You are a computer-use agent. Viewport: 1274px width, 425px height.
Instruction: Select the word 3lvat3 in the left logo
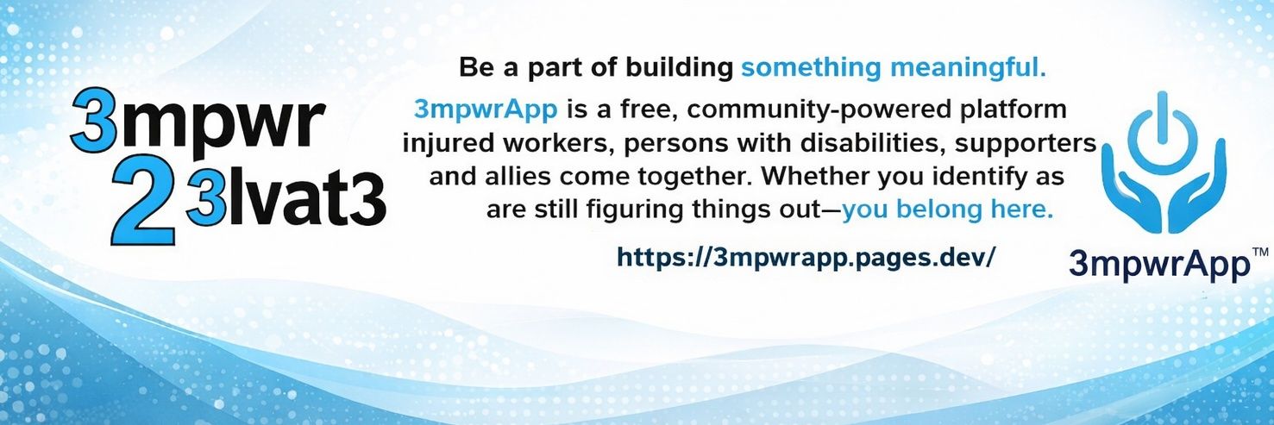click(x=286, y=202)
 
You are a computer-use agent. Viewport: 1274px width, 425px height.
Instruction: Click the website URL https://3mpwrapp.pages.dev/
click(x=806, y=258)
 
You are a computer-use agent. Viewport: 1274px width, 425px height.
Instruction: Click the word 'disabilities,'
click(x=866, y=143)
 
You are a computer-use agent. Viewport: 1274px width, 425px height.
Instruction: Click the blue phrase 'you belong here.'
click(x=947, y=210)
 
